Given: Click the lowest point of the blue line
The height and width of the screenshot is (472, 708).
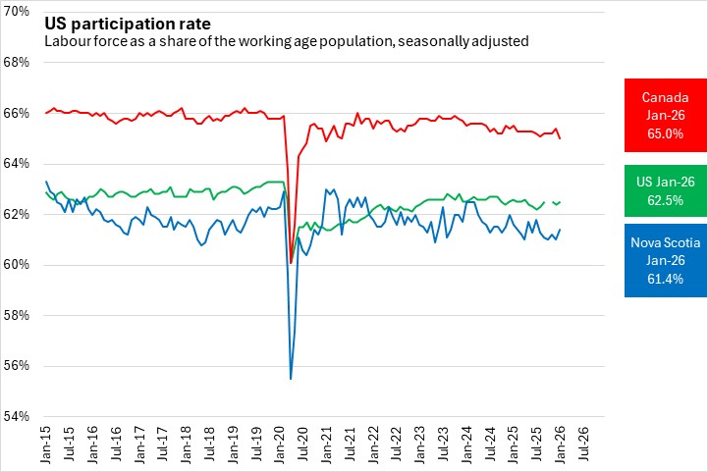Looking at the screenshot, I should [x=291, y=379].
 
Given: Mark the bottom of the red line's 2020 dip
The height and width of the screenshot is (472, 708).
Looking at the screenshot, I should [x=291, y=263].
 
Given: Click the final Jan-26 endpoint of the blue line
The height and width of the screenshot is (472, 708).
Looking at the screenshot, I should [x=560, y=230].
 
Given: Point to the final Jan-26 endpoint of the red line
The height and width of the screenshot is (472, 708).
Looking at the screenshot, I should [x=560, y=138].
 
